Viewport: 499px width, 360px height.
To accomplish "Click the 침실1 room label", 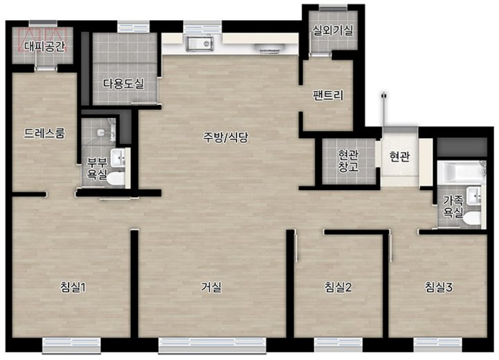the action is pyautogui.click(x=73, y=288).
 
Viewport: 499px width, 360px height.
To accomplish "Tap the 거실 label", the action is pyautogui.click(x=211, y=288).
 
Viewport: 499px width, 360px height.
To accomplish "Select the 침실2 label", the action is pyautogui.click(x=338, y=288).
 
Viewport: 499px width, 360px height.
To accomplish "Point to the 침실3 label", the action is pyautogui.click(x=439, y=288).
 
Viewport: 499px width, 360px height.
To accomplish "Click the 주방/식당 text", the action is pyautogui.click(x=226, y=137).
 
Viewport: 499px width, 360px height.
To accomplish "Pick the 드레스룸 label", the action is pyautogui.click(x=44, y=133).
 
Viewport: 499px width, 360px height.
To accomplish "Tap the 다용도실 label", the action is pyautogui.click(x=123, y=84).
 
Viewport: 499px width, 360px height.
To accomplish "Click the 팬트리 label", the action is pyautogui.click(x=328, y=95).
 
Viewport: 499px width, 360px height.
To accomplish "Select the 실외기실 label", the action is pyautogui.click(x=333, y=31).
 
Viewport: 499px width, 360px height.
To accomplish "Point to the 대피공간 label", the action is pyautogui.click(x=45, y=47).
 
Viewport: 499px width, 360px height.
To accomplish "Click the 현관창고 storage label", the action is pyautogui.click(x=349, y=161).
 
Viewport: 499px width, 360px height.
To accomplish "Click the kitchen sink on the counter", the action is pyautogui.click(x=200, y=44).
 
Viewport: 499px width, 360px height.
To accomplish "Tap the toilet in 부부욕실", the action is pyautogui.click(x=116, y=178).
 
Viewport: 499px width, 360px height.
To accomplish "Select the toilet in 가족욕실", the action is pyautogui.click(x=472, y=218).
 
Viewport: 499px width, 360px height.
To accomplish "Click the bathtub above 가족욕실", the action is pyautogui.click(x=462, y=172).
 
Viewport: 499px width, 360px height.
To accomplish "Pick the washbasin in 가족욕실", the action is pyautogui.click(x=474, y=196).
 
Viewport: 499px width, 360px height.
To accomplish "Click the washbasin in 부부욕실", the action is pyautogui.click(x=118, y=157).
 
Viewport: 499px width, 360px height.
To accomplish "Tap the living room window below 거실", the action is pyautogui.click(x=212, y=345).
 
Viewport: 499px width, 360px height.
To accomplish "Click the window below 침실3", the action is pyautogui.click(x=437, y=345).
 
